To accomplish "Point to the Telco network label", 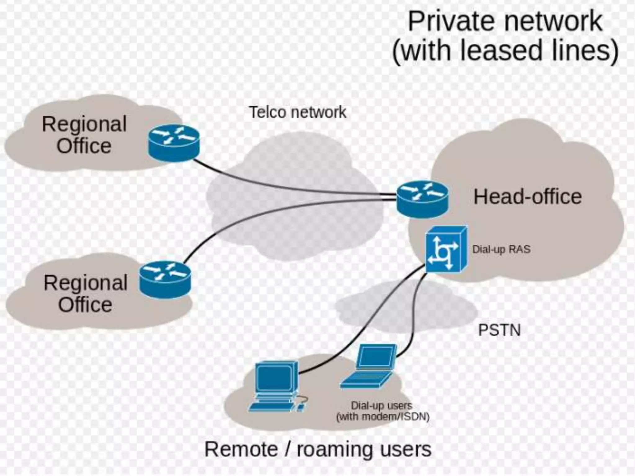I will click(297, 112).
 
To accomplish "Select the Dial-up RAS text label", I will click(501, 249).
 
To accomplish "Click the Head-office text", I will click(527, 197).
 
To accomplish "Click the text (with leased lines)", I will click(505, 51).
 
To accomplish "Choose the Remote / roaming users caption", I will click(318, 449).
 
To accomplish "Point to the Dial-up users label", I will click(381, 405).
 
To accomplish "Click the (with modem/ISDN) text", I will click(383, 416).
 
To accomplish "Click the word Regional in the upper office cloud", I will click(84, 124).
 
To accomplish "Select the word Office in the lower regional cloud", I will click(85, 305).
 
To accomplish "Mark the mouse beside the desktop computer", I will click(300, 407).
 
